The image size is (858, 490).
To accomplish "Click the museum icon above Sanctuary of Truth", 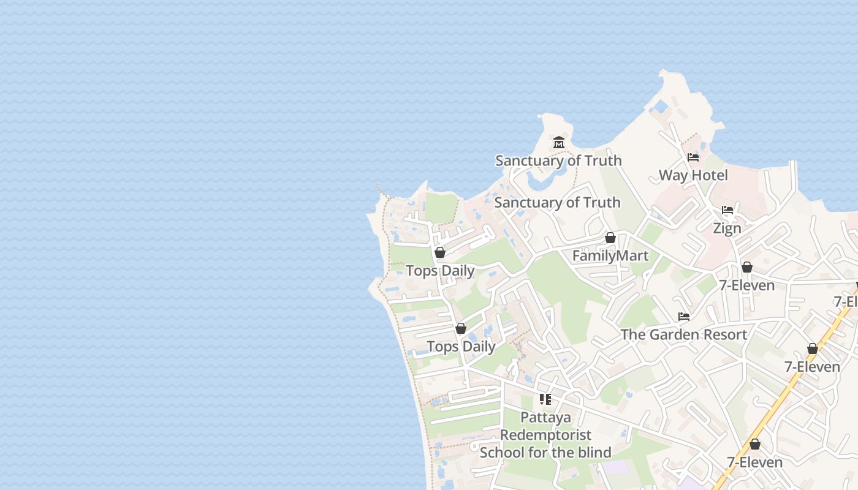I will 559,143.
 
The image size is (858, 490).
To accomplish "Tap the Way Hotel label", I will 693,175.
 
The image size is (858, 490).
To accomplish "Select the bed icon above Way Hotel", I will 693,157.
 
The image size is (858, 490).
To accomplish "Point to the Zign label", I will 727,228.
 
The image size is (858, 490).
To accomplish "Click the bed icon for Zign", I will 727,210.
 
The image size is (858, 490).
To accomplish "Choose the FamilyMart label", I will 610,255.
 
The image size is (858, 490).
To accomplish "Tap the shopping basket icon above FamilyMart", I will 610,238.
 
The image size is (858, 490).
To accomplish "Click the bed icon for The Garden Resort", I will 684,317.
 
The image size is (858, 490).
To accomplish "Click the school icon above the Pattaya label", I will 545,399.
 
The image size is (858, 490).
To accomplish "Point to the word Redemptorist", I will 545,435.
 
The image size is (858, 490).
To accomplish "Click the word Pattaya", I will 545,418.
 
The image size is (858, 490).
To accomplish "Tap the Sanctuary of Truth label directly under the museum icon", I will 558,160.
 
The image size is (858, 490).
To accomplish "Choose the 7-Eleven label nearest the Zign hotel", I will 746,285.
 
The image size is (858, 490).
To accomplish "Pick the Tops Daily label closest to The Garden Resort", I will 461,347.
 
